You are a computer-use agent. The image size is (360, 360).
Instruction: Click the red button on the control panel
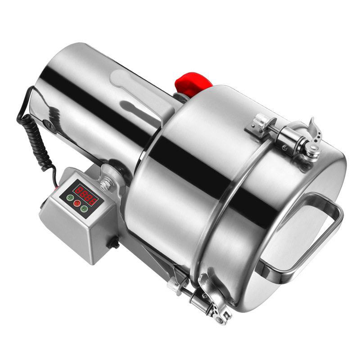[x=77, y=203]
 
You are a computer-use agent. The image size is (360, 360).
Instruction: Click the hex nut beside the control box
[x=106, y=184]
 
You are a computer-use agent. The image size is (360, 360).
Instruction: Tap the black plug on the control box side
[x=114, y=243]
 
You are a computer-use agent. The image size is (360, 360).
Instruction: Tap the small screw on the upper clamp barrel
[x=285, y=148]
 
